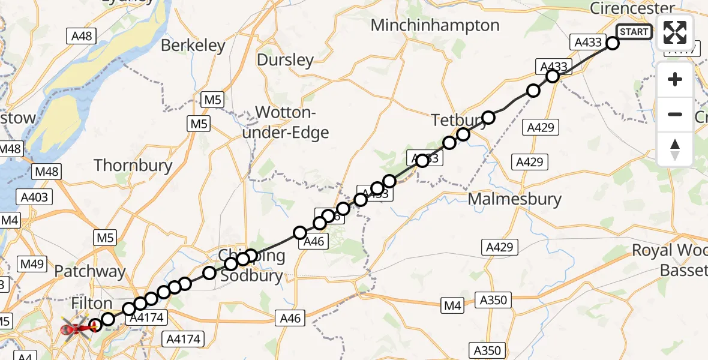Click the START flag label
tap(634, 32)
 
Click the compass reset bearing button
tap(675, 149)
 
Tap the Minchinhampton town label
tap(435, 25)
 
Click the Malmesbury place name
tap(514, 199)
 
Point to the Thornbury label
tap(133, 166)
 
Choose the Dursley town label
tap(285, 59)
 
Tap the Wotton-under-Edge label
tap(286, 122)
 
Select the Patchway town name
tap(90, 271)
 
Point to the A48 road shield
tap(82, 36)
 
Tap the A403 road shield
tap(37, 196)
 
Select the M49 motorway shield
tap(33, 263)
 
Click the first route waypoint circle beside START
tap(612, 43)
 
